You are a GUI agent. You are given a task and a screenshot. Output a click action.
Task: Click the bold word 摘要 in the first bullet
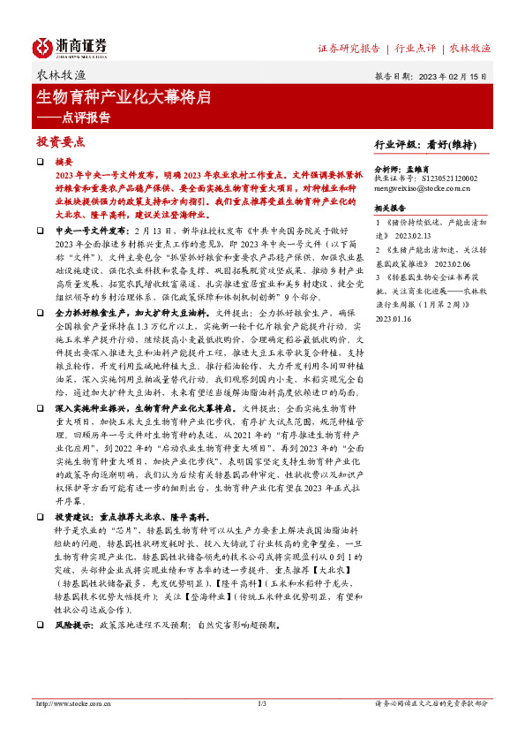64,163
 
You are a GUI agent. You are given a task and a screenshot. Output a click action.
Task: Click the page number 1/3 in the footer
261,704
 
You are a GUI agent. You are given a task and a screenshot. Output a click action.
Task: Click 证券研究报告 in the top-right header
349,48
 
